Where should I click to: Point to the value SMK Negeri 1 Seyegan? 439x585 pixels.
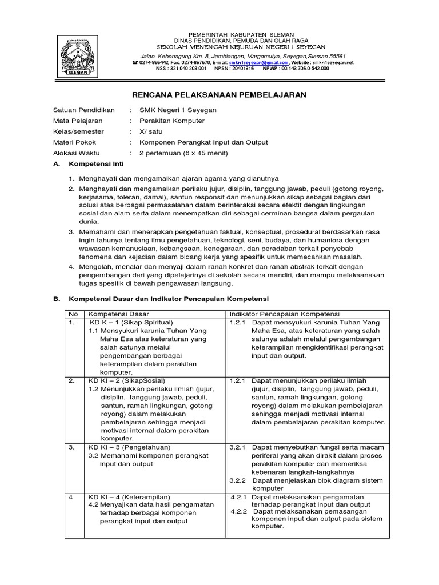point(173,110)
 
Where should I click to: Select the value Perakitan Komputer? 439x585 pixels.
point(167,121)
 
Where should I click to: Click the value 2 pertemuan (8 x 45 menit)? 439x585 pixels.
point(179,153)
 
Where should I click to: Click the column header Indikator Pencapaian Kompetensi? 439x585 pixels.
point(285,314)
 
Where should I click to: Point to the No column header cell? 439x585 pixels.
point(73,314)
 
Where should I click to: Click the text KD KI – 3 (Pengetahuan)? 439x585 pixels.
point(129,447)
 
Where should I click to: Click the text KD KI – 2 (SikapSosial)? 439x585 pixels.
point(126,380)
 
